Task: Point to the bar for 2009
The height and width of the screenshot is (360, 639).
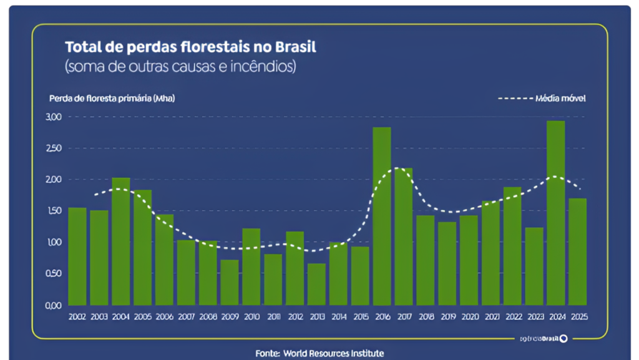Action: point(230,282)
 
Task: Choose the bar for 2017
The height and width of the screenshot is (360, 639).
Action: point(403,236)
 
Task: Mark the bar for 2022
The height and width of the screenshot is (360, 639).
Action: point(512,246)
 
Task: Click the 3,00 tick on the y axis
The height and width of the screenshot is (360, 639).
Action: point(54,117)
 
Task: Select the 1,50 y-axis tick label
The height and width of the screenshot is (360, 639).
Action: point(54,211)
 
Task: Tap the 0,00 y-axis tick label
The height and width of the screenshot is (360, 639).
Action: point(54,305)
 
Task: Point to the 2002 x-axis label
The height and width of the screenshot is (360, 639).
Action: point(77,317)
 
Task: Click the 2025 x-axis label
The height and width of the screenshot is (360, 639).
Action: point(578,317)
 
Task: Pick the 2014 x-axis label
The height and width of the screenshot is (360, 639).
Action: point(338,317)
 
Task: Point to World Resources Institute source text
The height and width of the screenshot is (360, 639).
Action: point(333,354)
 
